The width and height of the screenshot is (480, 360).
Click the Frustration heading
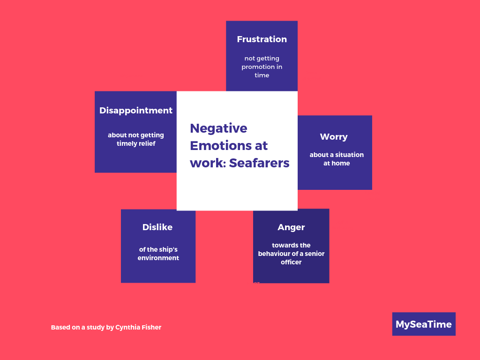262,39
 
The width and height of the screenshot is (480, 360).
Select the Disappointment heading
136,111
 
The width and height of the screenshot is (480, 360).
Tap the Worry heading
334,137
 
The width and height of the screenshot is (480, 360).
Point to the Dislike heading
157,227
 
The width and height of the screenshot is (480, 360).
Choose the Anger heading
291,227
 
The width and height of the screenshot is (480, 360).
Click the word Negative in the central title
218,128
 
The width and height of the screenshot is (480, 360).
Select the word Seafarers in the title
259,163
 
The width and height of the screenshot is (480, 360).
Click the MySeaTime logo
424,324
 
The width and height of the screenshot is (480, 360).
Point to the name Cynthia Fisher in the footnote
138,327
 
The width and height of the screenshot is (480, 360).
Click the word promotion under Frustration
256,67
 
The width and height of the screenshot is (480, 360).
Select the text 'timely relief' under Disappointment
136,143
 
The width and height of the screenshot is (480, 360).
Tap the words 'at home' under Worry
337,163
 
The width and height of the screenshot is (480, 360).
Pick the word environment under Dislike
158,258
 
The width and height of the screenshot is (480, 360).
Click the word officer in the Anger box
291,262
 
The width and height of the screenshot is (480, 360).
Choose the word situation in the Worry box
349,155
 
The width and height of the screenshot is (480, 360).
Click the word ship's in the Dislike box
168,250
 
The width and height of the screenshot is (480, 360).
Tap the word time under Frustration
262,75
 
